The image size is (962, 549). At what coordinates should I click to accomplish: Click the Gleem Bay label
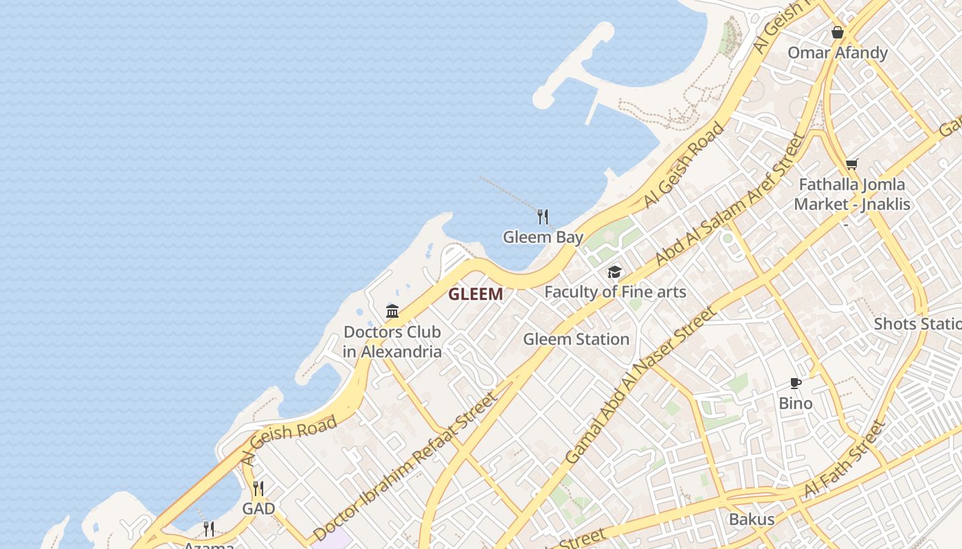543,237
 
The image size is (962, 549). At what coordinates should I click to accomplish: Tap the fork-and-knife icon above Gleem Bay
543,217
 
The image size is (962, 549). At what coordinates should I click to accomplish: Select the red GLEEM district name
476,294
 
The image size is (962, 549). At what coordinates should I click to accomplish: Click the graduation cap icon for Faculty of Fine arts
614,272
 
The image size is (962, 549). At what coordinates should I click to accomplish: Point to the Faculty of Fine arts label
615,292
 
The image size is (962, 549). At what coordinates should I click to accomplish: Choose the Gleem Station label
576,339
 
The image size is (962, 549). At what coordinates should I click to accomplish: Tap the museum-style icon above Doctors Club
392,311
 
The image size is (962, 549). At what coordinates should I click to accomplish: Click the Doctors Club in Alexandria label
392,342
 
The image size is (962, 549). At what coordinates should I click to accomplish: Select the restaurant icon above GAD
258,489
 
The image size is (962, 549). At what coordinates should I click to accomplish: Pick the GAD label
258,509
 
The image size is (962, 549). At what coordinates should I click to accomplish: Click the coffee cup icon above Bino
795,383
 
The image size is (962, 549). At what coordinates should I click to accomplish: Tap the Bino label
796,403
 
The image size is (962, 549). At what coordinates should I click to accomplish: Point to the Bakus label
752,519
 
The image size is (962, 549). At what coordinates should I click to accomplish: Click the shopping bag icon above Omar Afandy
838,32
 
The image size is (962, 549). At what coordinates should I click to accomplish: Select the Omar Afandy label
838,53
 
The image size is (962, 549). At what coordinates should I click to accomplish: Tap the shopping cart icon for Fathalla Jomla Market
852,164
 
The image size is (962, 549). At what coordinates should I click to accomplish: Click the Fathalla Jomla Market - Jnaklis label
852,194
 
